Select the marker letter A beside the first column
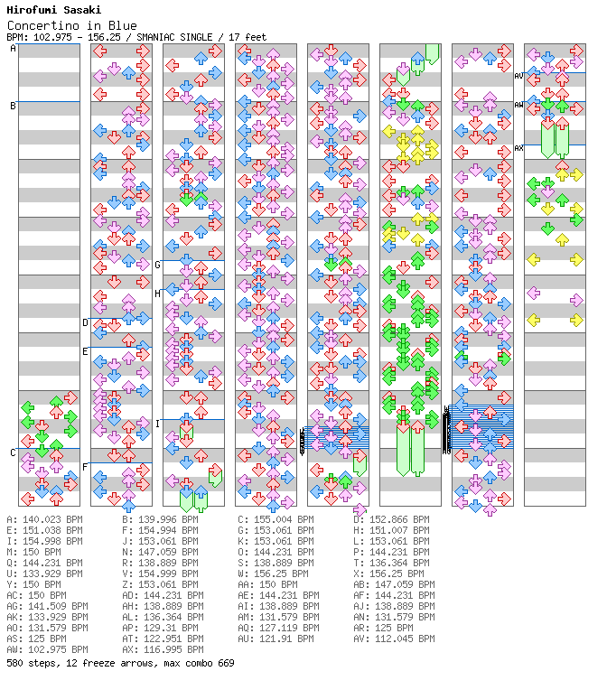(x=13, y=49)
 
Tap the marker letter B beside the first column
(x=13, y=106)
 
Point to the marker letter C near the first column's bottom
(x=13, y=452)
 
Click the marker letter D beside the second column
(x=85, y=322)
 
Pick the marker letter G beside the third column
(x=157, y=265)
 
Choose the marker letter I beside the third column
(x=157, y=424)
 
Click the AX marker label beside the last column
(x=518, y=148)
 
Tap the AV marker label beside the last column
(x=518, y=77)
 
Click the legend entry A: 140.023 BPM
(x=44, y=520)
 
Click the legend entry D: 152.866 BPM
(x=394, y=520)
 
